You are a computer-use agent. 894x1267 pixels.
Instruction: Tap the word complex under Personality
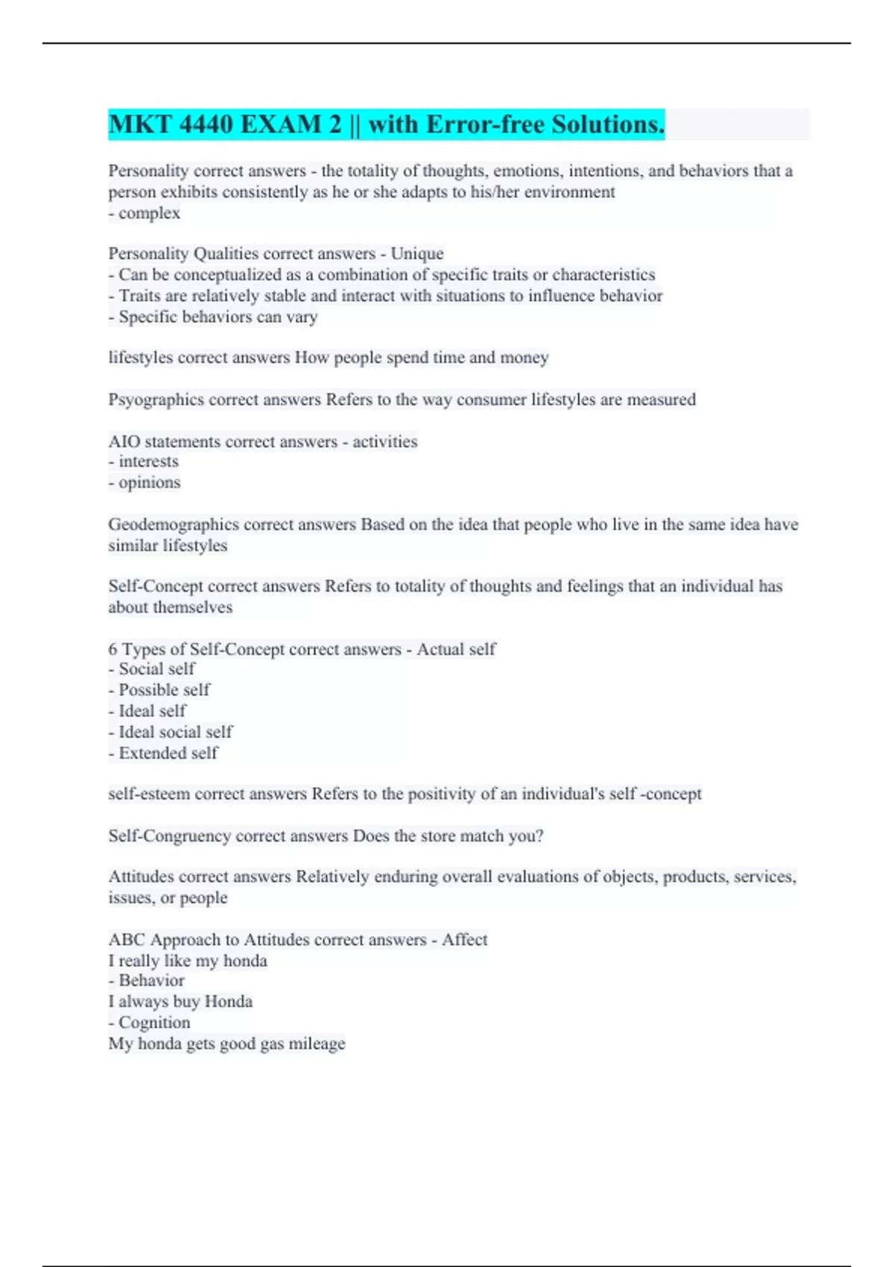[149, 213]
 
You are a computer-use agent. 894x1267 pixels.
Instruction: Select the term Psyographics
[156, 399]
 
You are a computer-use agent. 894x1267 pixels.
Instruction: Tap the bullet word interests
[148, 461]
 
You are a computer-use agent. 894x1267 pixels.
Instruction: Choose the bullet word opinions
[149, 482]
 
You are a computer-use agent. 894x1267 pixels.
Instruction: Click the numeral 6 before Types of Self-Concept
[112, 649]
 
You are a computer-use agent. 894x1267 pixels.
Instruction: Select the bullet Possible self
[164, 690]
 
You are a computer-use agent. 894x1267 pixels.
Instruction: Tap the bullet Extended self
[168, 753]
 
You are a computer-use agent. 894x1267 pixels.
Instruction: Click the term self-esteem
[149, 794]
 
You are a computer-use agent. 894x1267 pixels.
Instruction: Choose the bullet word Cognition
[154, 1023]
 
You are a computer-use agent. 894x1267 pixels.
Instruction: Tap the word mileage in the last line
[317, 1043]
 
